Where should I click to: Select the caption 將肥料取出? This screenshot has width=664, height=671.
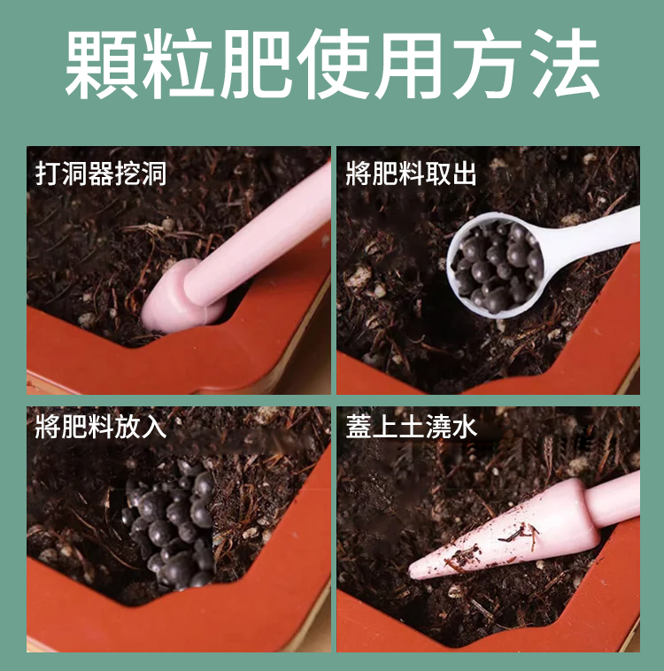[412, 174]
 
